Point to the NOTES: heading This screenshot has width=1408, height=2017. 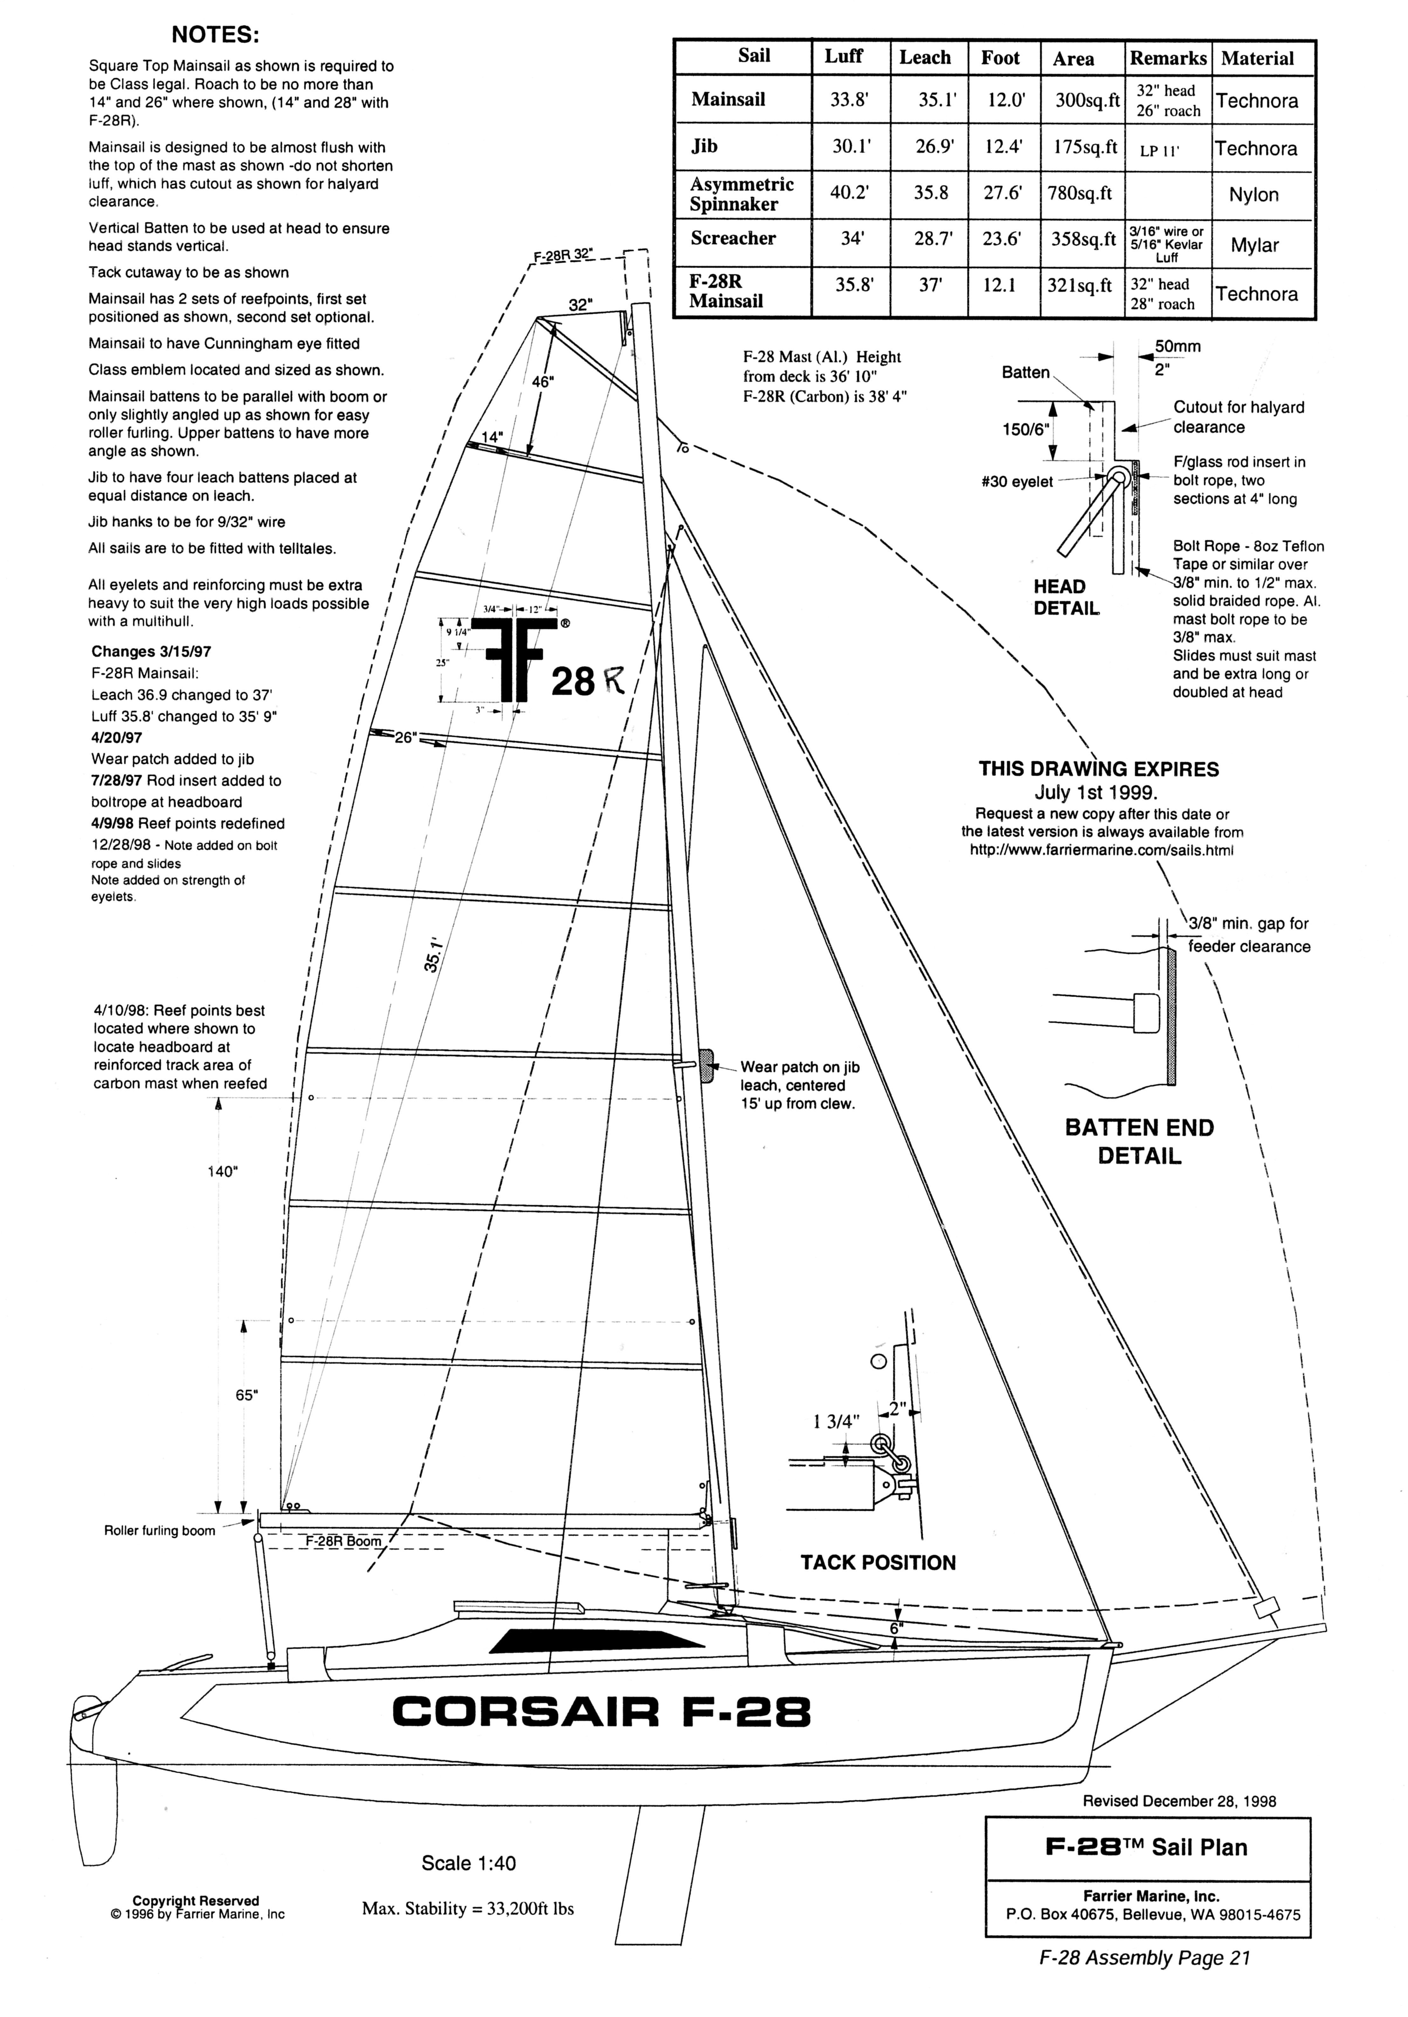click(215, 35)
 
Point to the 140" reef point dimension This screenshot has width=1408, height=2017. click(223, 1171)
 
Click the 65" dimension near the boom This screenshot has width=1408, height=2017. click(247, 1395)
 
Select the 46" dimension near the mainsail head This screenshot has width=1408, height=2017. click(543, 382)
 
